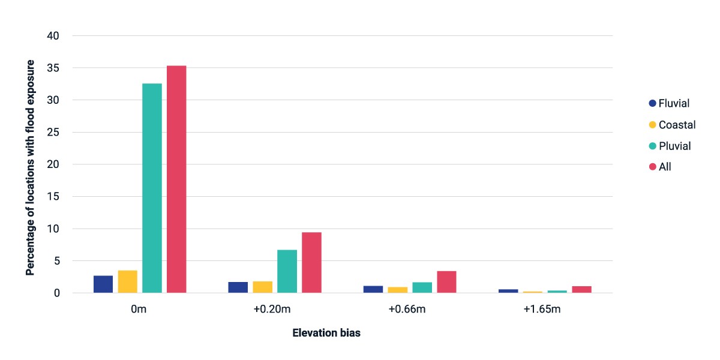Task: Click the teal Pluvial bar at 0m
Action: (x=152, y=188)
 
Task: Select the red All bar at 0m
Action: (x=176, y=179)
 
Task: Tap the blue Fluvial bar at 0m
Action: (x=103, y=284)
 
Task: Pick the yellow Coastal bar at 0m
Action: (x=128, y=281)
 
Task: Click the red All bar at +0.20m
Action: (x=311, y=263)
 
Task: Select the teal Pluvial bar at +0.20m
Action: (x=287, y=271)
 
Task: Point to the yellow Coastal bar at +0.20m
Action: (x=263, y=287)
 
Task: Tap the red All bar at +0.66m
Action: (x=446, y=282)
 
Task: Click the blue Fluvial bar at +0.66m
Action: (x=373, y=289)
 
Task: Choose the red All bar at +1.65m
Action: (x=582, y=289)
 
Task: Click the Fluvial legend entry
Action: (x=669, y=103)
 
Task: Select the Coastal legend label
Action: (x=677, y=125)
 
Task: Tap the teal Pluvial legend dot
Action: (x=653, y=146)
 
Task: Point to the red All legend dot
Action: (x=653, y=167)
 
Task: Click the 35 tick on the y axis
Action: (x=53, y=68)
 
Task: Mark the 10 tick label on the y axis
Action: (x=53, y=229)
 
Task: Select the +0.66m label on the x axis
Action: (x=407, y=309)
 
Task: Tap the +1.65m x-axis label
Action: (x=542, y=309)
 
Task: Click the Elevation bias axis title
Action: (x=326, y=333)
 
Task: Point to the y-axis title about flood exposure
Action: (x=30, y=167)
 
